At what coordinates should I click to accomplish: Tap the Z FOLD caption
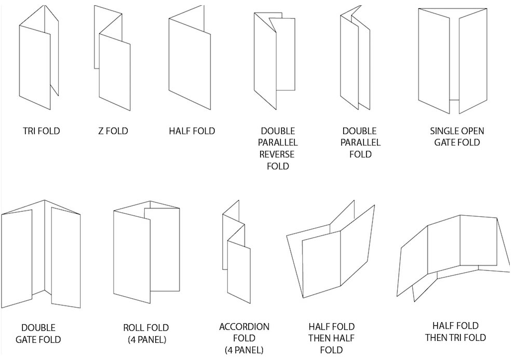(x=113, y=131)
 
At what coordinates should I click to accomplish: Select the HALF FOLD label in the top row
(x=192, y=131)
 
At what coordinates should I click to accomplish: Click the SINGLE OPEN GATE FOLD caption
(x=457, y=136)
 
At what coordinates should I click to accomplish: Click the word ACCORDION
(x=244, y=327)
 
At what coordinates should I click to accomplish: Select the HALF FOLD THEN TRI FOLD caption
(x=455, y=331)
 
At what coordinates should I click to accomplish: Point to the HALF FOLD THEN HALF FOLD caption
(x=331, y=338)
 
